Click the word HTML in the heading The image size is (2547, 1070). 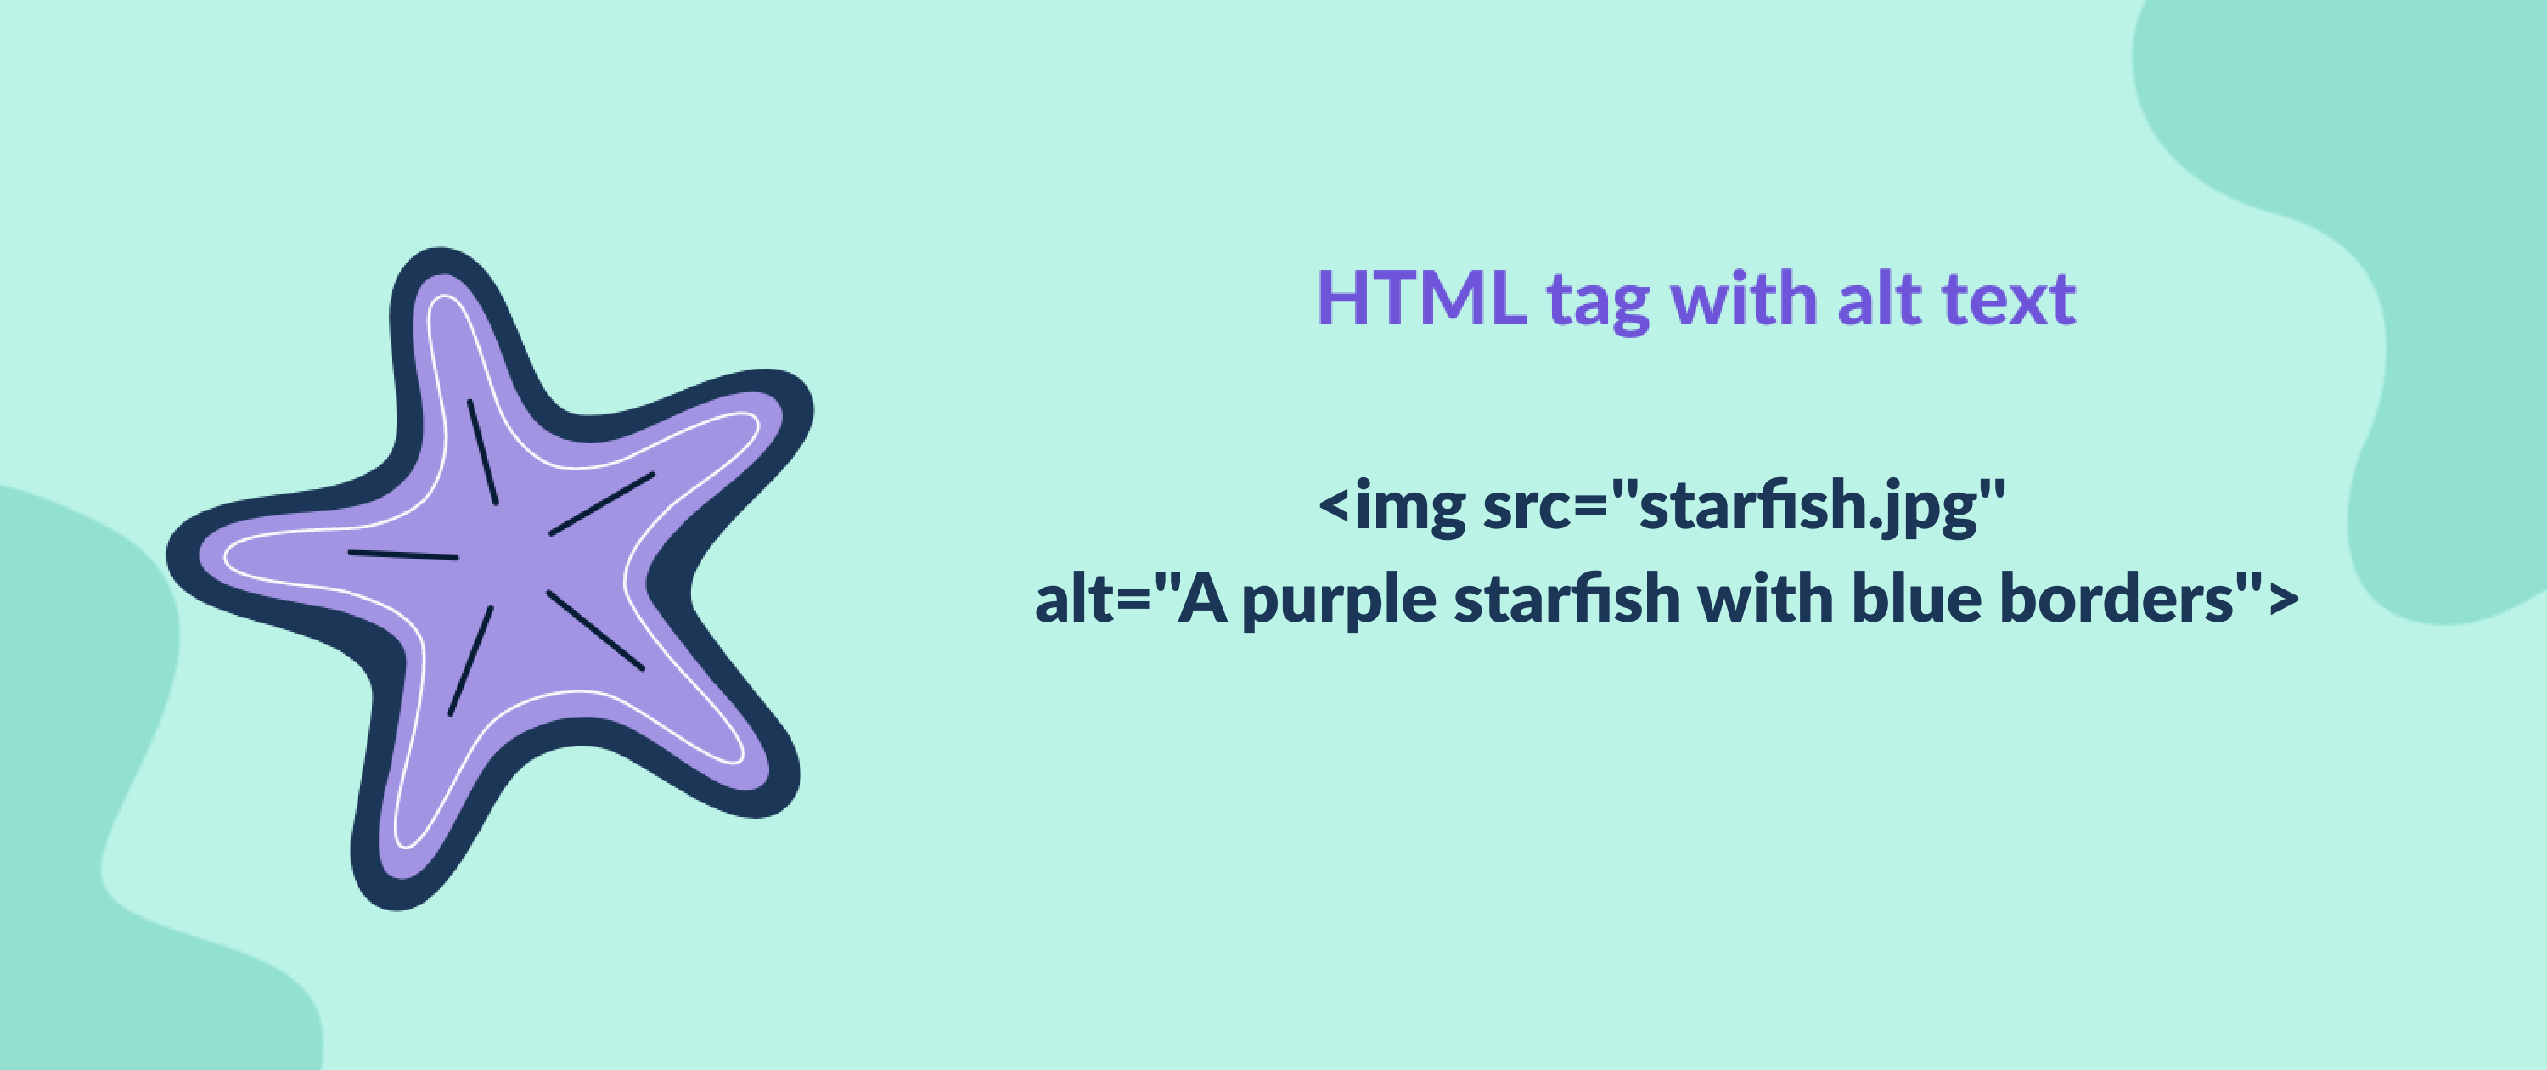point(1422,298)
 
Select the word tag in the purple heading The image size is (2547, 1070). point(1599,302)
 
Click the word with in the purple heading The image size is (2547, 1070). point(1743,298)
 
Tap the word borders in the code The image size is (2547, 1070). point(2117,597)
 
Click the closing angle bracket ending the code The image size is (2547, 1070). point(2283,600)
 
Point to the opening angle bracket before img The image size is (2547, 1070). point(1334,505)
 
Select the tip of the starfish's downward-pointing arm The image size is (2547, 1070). point(396,908)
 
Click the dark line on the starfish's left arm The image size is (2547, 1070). point(403,555)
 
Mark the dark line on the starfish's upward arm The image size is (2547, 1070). point(482,452)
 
